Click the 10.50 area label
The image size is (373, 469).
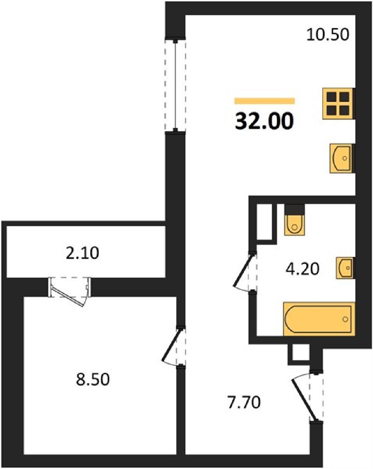pos(328,35)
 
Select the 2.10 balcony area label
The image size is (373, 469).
pos(82,253)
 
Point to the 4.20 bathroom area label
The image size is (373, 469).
pos(302,269)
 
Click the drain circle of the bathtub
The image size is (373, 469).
pos(345,319)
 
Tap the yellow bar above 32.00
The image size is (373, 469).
pos(265,101)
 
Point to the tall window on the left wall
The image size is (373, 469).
pos(175,85)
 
